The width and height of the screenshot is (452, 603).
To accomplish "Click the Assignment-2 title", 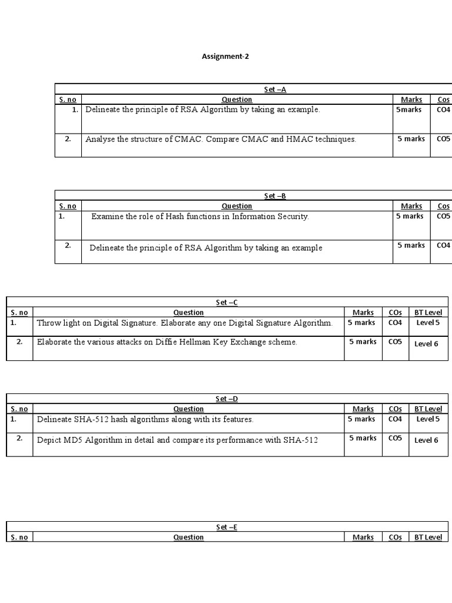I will tap(221, 57).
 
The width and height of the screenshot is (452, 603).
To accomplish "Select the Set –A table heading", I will tap(275, 90).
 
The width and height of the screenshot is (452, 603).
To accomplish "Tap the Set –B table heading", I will tap(275, 196).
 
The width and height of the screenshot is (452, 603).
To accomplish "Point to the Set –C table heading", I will tap(227, 303).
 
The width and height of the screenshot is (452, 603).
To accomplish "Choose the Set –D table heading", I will tap(227, 399).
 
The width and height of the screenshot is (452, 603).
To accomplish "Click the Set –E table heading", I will tap(227, 528).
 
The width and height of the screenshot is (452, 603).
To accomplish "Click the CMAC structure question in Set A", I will tap(221, 140).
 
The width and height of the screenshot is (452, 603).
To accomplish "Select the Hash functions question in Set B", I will tap(200, 217).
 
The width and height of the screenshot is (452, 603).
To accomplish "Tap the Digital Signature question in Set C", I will tap(184, 323).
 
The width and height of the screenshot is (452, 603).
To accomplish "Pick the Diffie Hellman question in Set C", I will tap(167, 342).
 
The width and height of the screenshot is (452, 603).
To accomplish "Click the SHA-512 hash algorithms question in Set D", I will tap(145, 419).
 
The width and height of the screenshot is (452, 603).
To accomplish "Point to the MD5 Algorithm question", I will tap(177, 440).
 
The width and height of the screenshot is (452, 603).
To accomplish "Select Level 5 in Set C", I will tap(428, 323).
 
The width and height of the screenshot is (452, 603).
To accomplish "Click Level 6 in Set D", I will tap(427, 440).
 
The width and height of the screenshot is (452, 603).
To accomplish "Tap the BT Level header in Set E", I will tap(428, 537).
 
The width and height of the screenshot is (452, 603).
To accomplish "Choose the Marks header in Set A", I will tap(411, 100).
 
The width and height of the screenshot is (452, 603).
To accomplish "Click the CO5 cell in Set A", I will tap(443, 139).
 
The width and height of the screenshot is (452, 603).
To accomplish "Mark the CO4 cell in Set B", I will tap(443, 246).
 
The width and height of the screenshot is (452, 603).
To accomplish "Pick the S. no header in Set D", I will tap(19, 409).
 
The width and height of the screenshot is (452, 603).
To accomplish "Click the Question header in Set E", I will tap(188, 537).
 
